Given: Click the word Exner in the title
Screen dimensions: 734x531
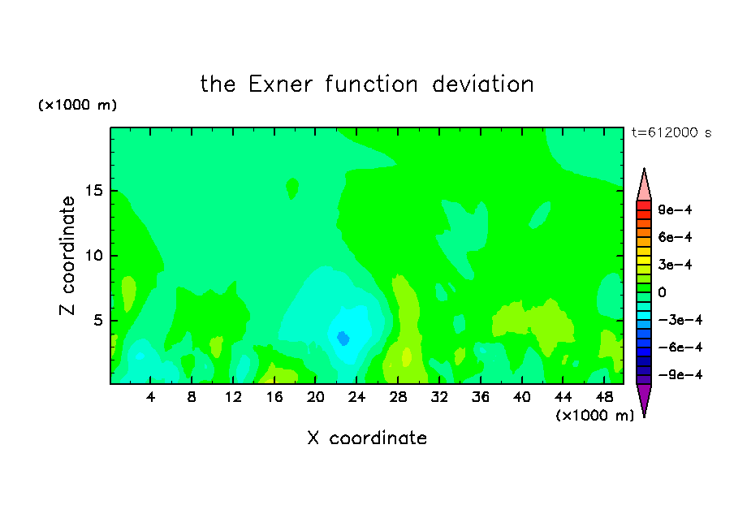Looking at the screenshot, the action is tap(280, 84).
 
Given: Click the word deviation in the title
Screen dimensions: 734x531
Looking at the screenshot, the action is tap(482, 84).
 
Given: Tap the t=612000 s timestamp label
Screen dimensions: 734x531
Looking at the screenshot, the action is tap(671, 133).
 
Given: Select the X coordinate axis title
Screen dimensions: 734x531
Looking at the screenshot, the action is tap(367, 438).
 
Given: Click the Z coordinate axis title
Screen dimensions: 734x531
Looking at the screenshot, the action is tap(67, 255).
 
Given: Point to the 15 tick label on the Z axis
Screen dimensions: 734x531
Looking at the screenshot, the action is tap(93, 191).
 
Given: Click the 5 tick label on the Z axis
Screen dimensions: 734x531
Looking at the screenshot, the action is tap(97, 320).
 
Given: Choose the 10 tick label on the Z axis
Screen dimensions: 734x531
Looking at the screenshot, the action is tap(93, 256).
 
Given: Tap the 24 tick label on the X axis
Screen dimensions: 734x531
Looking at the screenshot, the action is tap(356, 397).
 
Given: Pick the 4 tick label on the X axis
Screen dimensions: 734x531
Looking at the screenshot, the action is tap(150, 397).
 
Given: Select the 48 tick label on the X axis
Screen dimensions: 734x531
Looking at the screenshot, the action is tap(604, 397).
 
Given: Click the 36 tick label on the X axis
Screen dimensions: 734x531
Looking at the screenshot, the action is tap(481, 397).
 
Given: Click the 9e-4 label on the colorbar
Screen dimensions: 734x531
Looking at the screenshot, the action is tap(675, 209).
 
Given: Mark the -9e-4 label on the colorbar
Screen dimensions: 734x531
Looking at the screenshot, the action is tap(680, 374).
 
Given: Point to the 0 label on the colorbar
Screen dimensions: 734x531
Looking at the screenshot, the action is tap(662, 292).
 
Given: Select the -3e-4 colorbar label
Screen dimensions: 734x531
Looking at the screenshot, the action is tap(680, 320).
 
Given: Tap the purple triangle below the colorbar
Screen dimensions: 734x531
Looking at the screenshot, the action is tap(644, 398).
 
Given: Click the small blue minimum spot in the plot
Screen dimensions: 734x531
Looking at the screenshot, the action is tap(343, 338).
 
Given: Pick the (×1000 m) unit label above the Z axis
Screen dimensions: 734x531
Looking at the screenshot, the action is tap(77, 105).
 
